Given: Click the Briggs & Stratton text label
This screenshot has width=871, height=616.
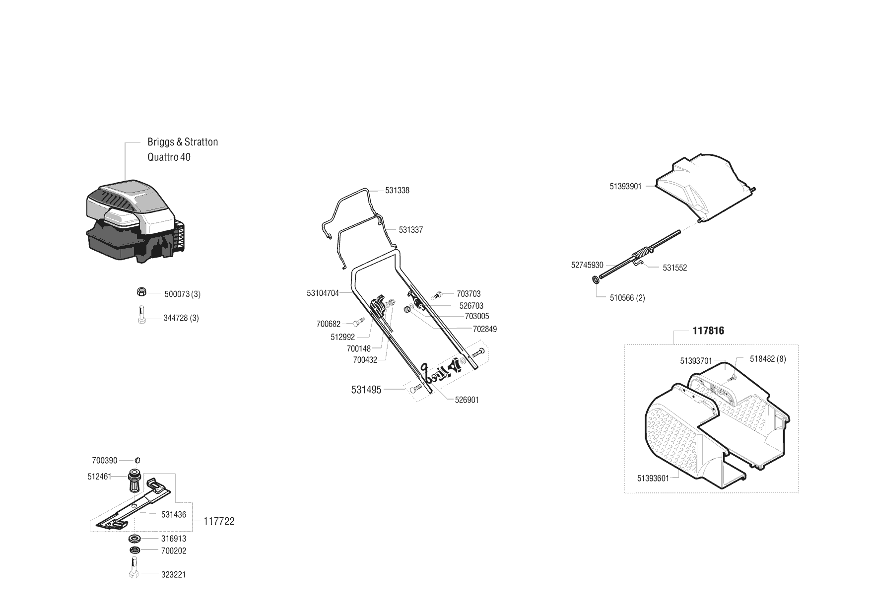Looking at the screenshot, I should click(x=183, y=142).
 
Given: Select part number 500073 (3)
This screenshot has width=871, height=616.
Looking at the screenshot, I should click(x=182, y=294).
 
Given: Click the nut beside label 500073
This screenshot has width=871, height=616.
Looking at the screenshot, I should click(x=141, y=292).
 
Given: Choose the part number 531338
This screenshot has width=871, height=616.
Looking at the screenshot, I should click(x=397, y=191).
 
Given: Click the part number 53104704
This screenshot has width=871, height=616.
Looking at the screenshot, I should click(x=323, y=293).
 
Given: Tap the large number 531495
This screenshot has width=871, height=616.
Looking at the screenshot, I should click(x=366, y=390).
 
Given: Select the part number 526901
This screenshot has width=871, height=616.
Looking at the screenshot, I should click(x=467, y=400).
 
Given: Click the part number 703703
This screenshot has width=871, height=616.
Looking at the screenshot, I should click(x=469, y=294).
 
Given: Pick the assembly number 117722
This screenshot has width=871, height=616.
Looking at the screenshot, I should click(x=219, y=522).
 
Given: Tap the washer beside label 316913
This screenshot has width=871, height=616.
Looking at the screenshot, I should click(x=134, y=539).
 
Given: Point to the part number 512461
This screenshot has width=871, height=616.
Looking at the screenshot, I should click(x=99, y=477).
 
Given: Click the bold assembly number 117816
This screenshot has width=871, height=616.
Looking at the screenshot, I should click(x=708, y=331).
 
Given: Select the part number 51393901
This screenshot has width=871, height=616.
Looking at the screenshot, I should click(x=625, y=187).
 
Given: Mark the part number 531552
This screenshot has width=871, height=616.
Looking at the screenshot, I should click(x=674, y=268).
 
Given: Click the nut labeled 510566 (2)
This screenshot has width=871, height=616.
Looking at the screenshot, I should click(x=595, y=281).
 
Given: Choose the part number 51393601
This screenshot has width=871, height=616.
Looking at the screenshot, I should click(x=653, y=479).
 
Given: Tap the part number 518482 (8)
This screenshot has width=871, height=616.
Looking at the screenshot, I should click(x=768, y=359).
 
